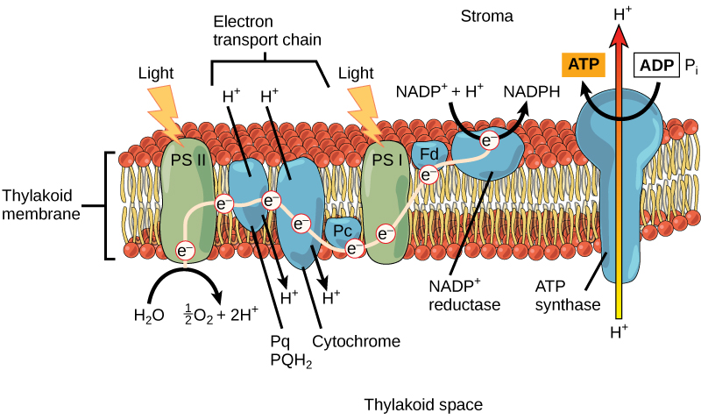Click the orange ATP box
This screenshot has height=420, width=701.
[x=579, y=64]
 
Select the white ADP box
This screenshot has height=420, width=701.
[x=658, y=64]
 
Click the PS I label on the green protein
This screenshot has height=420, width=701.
[x=384, y=160]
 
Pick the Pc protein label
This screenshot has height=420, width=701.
[x=342, y=230]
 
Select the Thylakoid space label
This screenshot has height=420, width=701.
[x=423, y=404]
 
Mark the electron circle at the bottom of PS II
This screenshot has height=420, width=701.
[x=185, y=251]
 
